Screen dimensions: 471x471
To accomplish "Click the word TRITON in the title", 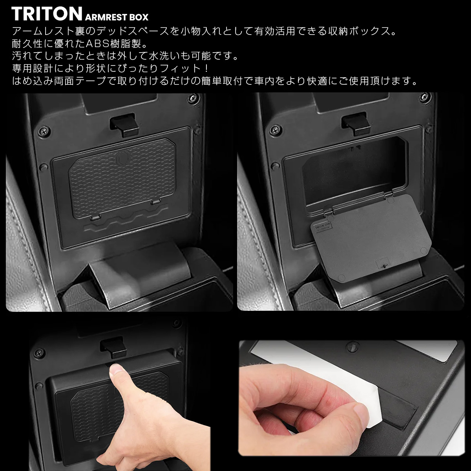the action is pyautogui.click(x=47, y=14).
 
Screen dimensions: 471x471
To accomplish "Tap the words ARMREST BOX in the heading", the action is pyautogui.click(x=117, y=17).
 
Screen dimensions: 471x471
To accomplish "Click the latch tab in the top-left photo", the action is pyautogui.click(x=124, y=125).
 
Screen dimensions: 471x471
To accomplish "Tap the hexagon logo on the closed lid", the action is pyautogui.click(x=121, y=159).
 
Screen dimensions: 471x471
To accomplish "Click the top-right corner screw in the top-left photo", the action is pyautogui.click(x=193, y=98).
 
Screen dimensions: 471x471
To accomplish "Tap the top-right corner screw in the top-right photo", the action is pyautogui.click(x=426, y=96).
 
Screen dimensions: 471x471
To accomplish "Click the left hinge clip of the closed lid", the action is pyautogui.click(x=95, y=217).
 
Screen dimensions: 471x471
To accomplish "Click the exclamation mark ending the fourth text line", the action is pyautogui.click(x=207, y=68).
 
